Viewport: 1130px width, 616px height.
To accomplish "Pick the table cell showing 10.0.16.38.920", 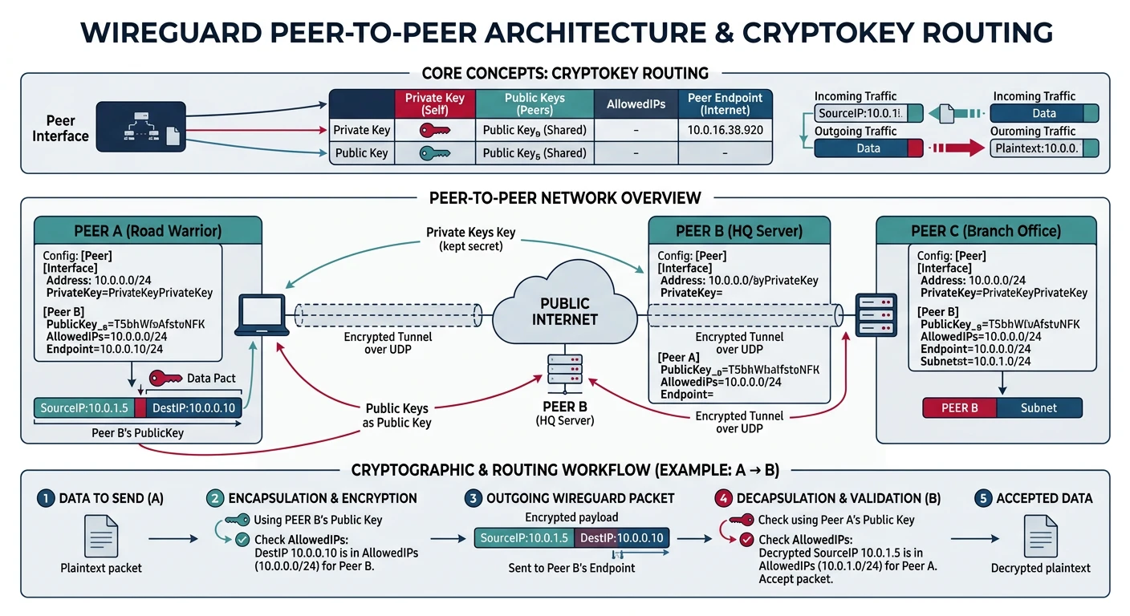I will [x=725, y=129].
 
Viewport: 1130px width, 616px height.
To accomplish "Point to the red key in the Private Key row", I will [x=435, y=130].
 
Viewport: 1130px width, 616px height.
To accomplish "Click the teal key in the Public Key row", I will [x=435, y=153].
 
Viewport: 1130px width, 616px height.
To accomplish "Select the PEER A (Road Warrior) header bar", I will [x=148, y=231].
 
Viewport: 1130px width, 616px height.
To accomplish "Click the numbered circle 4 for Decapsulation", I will [x=723, y=498].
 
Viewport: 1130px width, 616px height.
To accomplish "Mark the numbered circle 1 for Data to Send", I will [x=46, y=498].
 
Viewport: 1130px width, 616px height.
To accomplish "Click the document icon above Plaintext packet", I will [x=101, y=536].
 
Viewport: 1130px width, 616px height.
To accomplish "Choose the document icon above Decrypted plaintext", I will [x=1040, y=536].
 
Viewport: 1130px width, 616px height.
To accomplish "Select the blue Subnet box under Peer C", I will [x=1039, y=407].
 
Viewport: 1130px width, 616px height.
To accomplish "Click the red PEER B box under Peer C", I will [x=959, y=407].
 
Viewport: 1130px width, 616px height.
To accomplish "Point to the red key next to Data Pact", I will [x=165, y=378].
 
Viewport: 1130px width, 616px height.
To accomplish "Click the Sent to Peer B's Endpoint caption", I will [x=571, y=568].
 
